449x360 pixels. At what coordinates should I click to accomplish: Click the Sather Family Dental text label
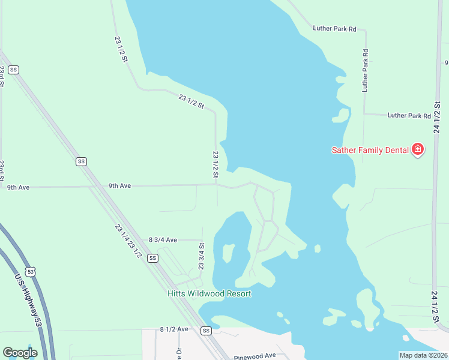click(370, 150)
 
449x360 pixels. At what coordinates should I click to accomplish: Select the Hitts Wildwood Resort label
click(209, 294)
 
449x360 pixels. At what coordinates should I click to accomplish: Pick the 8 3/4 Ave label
click(163, 240)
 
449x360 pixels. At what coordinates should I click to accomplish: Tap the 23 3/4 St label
click(202, 256)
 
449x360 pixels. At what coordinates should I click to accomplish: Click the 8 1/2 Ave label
click(174, 329)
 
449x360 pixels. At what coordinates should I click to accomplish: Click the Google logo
click(20, 353)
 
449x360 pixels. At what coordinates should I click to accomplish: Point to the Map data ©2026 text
click(423, 355)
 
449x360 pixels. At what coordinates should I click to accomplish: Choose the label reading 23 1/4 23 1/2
click(128, 241)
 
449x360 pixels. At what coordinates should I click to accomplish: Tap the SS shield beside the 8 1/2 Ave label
click(206, 331)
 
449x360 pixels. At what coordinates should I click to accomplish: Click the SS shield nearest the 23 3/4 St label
click(153, 258)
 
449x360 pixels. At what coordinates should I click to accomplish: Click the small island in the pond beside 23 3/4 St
click(228, 252)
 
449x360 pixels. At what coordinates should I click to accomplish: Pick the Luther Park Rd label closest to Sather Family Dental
click(409, 115)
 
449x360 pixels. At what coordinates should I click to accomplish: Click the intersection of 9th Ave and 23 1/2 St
click(216, 185)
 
